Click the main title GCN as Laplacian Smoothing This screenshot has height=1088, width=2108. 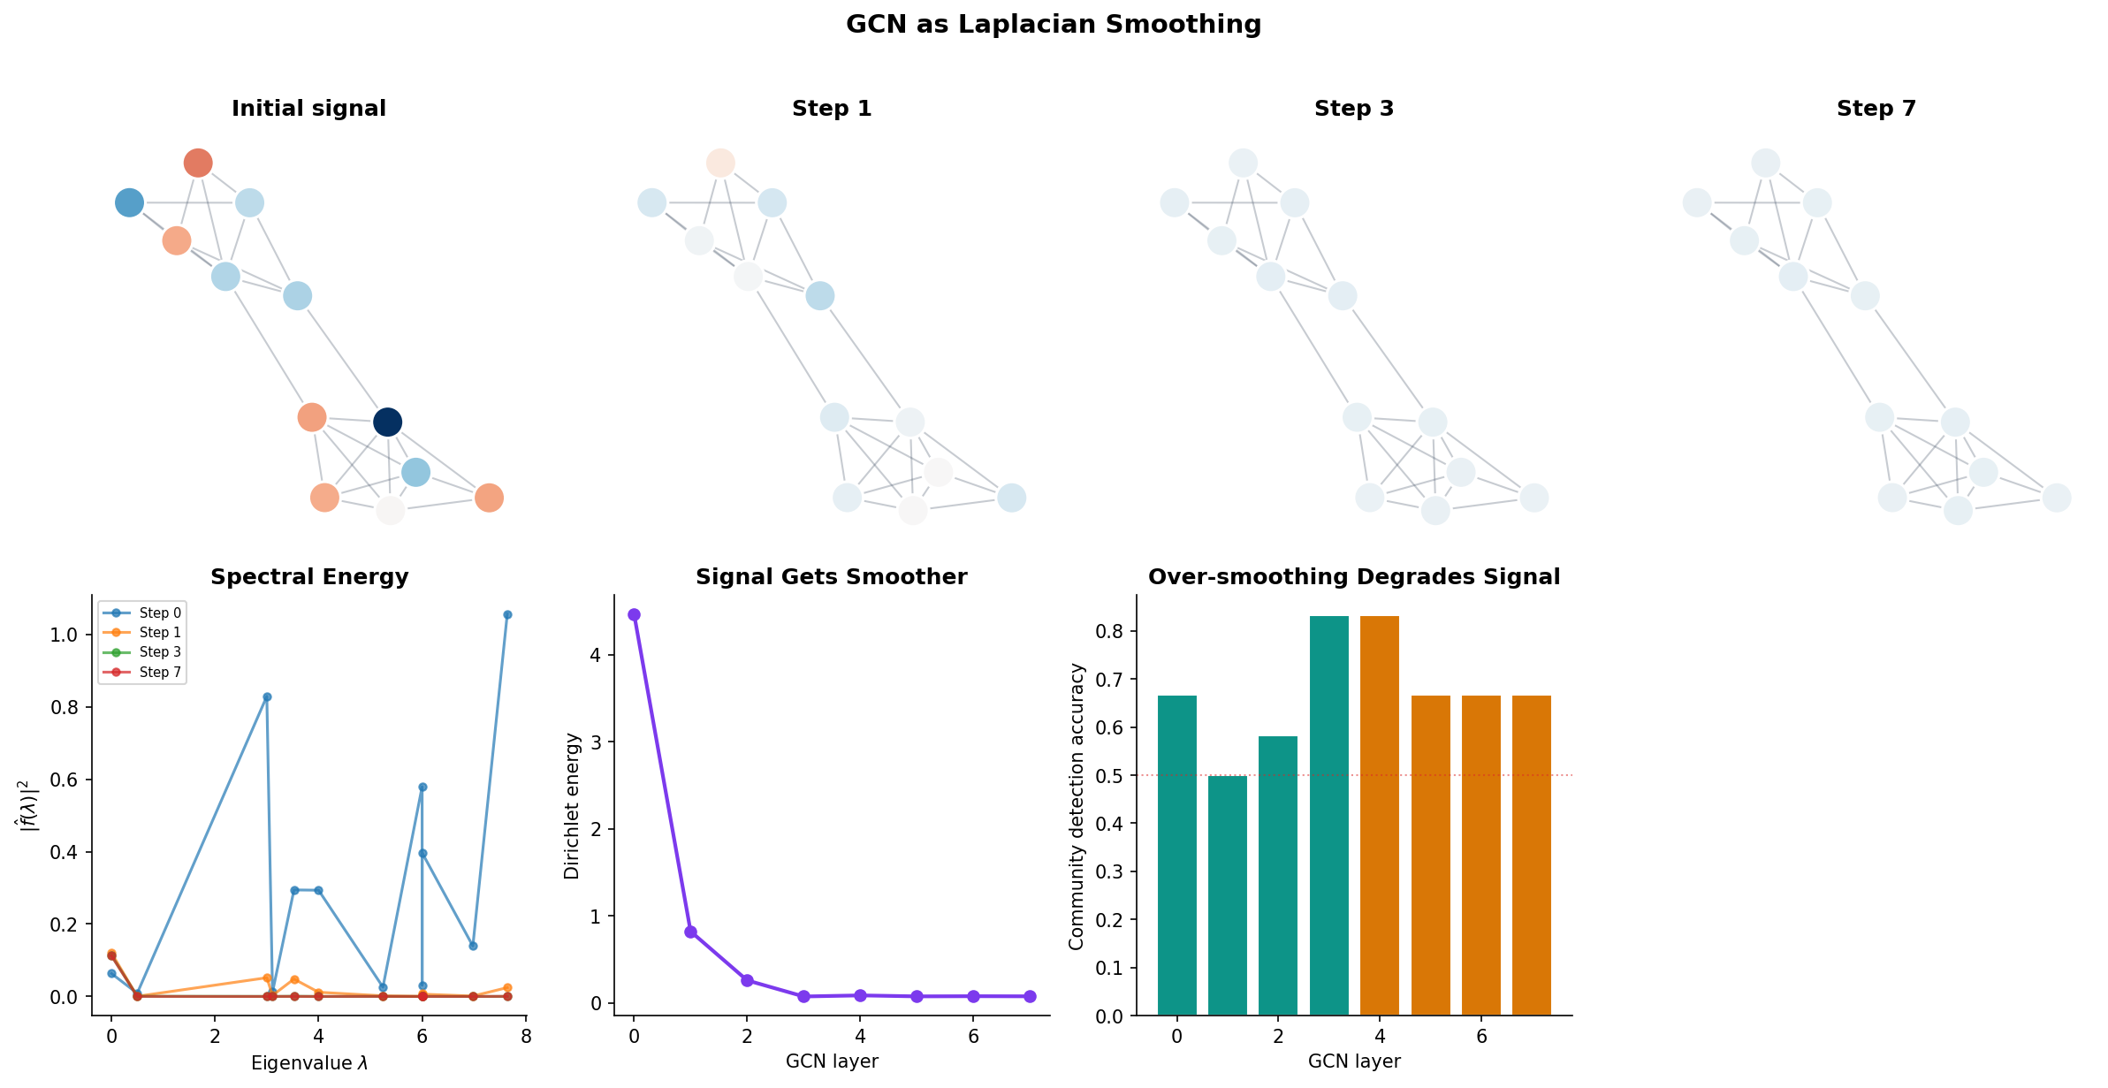[1053, 24]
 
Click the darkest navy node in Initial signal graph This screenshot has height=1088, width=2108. [387, 422]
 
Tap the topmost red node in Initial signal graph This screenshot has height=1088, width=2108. [198, 163]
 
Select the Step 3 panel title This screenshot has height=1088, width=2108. [1353, 109]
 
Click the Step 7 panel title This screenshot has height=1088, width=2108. [1876, 109]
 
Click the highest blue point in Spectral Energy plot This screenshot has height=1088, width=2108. [507, 614]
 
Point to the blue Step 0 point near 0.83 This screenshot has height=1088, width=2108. [267, 696]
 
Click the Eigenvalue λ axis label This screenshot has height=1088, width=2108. [308, 1062]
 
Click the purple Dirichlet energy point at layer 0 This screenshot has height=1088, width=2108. [634, 614]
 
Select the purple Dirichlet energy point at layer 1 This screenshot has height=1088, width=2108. [690, 932]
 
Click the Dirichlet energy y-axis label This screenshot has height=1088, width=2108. [572, 805]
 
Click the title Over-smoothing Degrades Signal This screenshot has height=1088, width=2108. [1353, 577]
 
